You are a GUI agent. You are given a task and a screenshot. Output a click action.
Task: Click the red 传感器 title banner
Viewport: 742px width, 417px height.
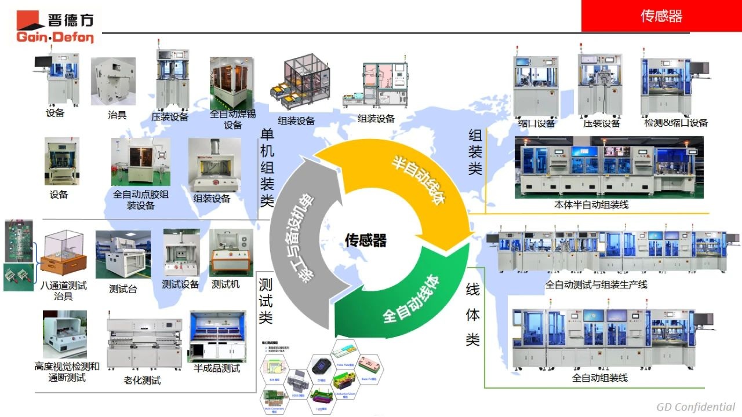(x=661, y=16)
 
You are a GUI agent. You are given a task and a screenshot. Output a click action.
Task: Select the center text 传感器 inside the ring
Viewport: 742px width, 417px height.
(x=365, y=240)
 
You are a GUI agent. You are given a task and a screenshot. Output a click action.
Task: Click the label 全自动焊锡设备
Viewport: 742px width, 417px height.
(x=232, y=119)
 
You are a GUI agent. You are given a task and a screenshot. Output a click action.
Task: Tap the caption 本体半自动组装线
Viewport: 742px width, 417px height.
(x=591, y=204)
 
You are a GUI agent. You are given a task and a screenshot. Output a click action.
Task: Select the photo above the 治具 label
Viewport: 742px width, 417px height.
(x=113, y=81)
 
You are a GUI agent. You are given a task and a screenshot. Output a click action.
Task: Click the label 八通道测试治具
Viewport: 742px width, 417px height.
(x=64, y=291)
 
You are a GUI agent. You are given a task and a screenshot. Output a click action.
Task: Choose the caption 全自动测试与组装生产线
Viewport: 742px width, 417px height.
(x=596, y=284)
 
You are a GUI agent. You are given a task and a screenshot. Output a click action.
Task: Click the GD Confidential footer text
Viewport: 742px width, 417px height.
(x=696, y=407)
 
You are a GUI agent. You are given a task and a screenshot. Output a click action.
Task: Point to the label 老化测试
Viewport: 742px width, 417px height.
(x=142, y=381)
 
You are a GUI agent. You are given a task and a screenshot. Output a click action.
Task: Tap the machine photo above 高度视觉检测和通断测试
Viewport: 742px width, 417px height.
(x=65, y=334)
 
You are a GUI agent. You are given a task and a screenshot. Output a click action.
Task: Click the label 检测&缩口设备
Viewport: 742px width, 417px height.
(x=676, y=123)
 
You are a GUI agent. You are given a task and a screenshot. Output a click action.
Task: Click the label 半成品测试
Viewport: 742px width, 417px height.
(x=216, y=368)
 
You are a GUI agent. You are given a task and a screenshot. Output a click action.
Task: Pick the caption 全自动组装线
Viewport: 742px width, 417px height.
(x=600, y=378)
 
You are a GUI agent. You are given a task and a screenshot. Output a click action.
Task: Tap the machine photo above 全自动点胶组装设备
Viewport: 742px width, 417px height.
(x=141, y=162)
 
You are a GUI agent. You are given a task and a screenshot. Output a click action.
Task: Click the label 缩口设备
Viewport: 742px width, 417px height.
(x=536, y=123)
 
